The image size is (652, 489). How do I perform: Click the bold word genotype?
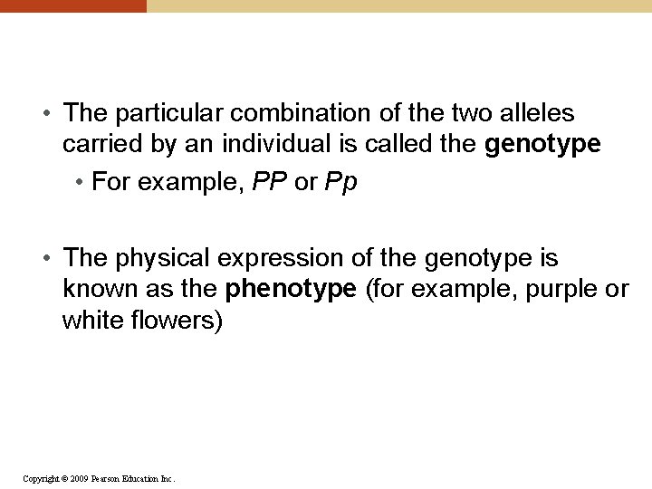543,144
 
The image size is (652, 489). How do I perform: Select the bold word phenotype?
292,290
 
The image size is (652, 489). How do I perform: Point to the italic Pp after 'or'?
340,183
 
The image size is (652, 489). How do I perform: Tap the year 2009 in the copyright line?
78,478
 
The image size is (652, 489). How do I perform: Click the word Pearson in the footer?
110,478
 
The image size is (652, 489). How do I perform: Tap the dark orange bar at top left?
72,5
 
